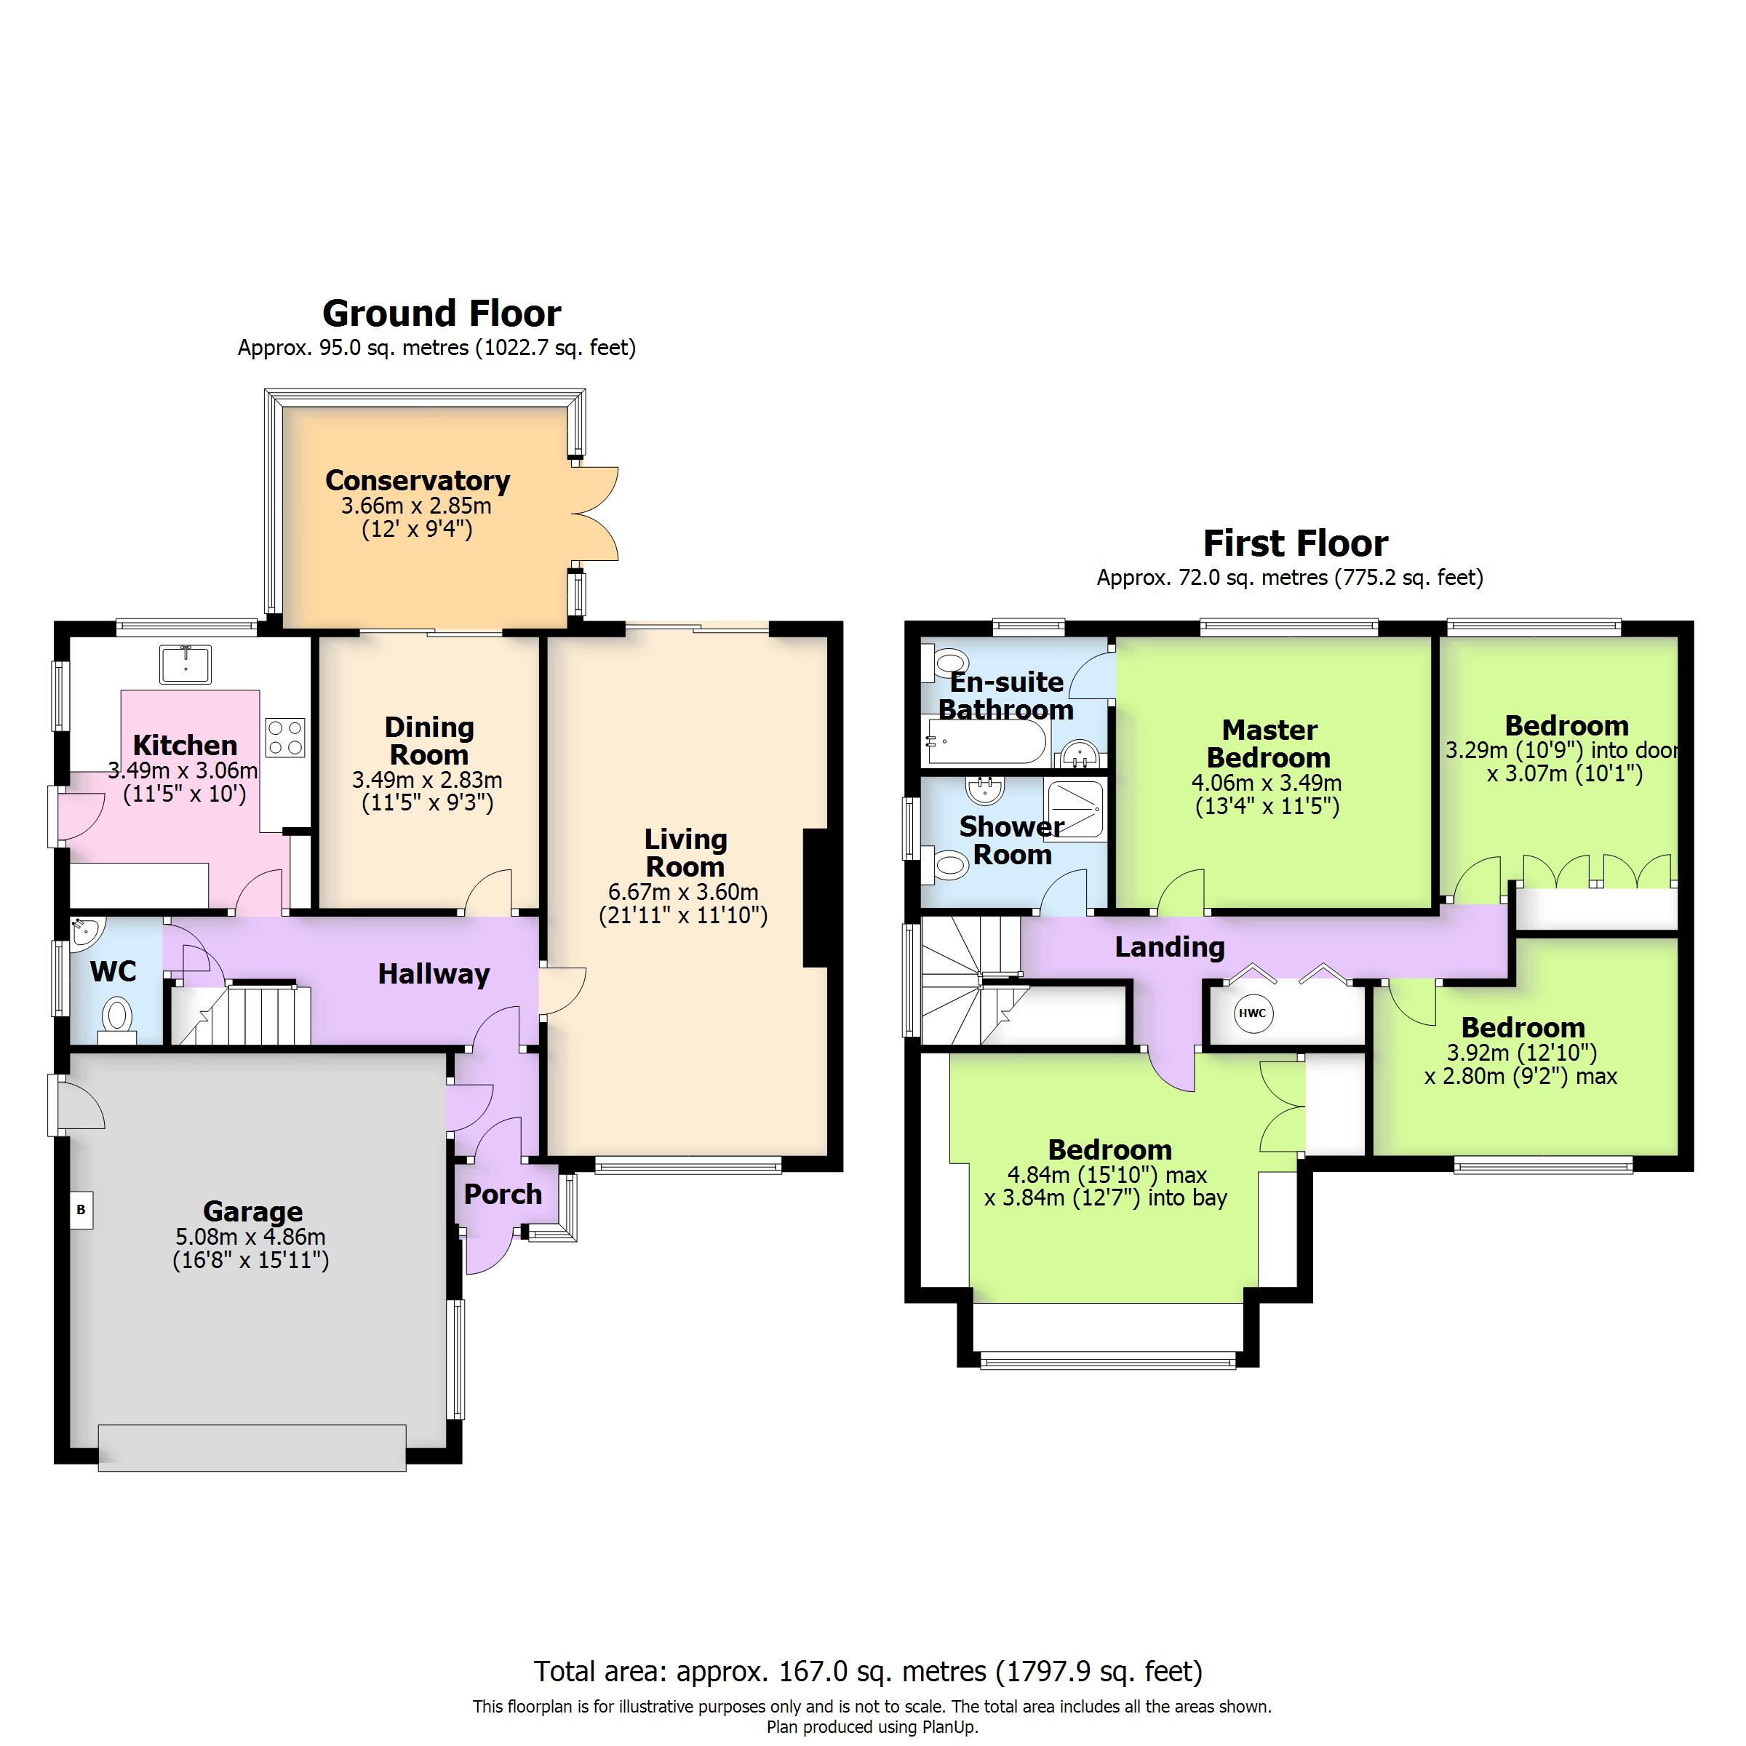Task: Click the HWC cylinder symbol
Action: pyautogui.click(x=1251, y=1013)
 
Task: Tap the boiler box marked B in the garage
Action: pyautogui.click(x=81, y=1209)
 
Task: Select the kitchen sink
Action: pyautogui.click(x=186, y=664)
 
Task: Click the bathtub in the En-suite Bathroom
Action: pyautogui.click(x=984, y=742)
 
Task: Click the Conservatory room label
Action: pyautogui.click(x=418, y=480)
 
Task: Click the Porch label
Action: pyautogui.click(x=503, y=1194)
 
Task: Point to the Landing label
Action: pyautogui.click(x=1169, y=946)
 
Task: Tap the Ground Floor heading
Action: pyautogui.click(x=441, y=314)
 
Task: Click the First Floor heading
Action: pyautogui.click(x=1295, y=543)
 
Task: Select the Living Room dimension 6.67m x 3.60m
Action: pyautogui.click(x=683, y=892)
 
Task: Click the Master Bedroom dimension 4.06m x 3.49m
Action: pyautogui.click(x=1267, y=783)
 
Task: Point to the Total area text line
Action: pyautogui.click(x=868, y=1671)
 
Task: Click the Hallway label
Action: pyautogui.click(x=434, y=973)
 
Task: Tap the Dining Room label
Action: pyautogui.click(x=428, y=740)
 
